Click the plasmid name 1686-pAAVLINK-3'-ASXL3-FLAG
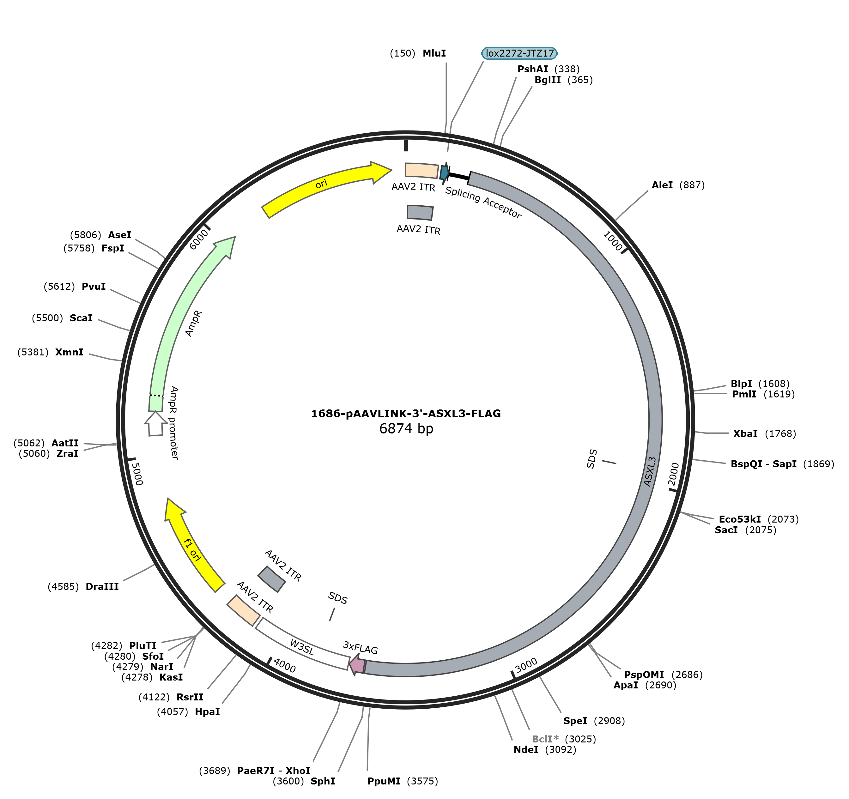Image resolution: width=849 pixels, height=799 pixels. click(406, 413)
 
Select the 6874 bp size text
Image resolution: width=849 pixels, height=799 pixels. click(406, 428)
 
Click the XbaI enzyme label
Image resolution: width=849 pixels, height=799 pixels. click(745, 433)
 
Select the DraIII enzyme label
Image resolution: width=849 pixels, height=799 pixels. click(102, 586)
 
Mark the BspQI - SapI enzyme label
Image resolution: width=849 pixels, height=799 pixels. click(764, 464)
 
